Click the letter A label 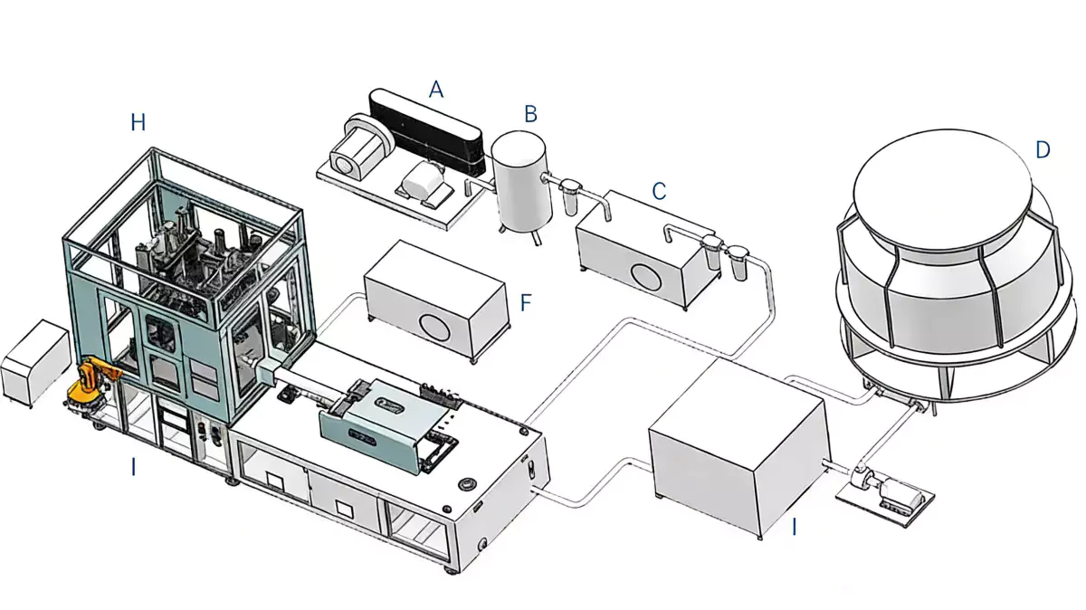(436, 89)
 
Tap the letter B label (531, 113)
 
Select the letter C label (659, 191)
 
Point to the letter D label (1043, 150)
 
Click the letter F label (526, 302)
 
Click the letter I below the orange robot (133, 468)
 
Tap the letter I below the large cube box (795, 526)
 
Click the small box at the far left (35, 363)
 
